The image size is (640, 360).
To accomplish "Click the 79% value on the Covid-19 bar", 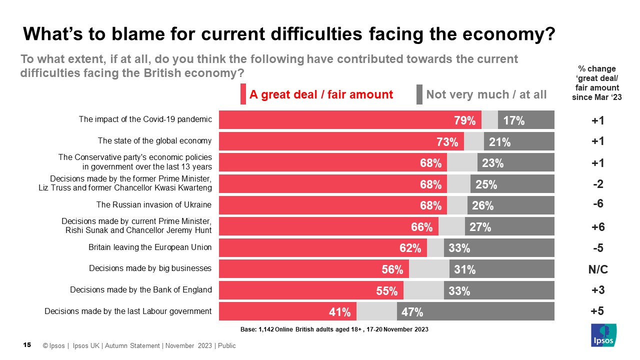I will [464, 120].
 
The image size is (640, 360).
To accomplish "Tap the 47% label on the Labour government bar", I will [412, 312].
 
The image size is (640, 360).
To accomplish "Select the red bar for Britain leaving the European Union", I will [322, 248].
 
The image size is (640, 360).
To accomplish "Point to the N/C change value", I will [597, 269].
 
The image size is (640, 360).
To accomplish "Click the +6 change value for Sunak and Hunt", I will [597, 227].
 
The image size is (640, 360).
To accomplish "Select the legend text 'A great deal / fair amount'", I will [321, 94].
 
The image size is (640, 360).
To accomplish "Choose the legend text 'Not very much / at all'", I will [486, 94].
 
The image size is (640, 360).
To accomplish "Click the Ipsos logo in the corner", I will [603, 334].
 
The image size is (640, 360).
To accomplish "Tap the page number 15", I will [28, 345].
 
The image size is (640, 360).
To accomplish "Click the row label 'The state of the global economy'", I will [154, 141].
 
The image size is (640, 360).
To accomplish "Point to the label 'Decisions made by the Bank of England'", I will [141, 289].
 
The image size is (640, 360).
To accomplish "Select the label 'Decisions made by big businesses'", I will [150, 268].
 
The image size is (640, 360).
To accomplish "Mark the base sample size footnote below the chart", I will [334, 329].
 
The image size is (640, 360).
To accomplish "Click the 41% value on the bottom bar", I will [339, 312].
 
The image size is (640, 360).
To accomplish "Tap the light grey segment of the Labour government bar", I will [376, 311].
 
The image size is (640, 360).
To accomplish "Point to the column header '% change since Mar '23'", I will [596, 83].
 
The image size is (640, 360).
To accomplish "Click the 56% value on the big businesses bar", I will [392, 269].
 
